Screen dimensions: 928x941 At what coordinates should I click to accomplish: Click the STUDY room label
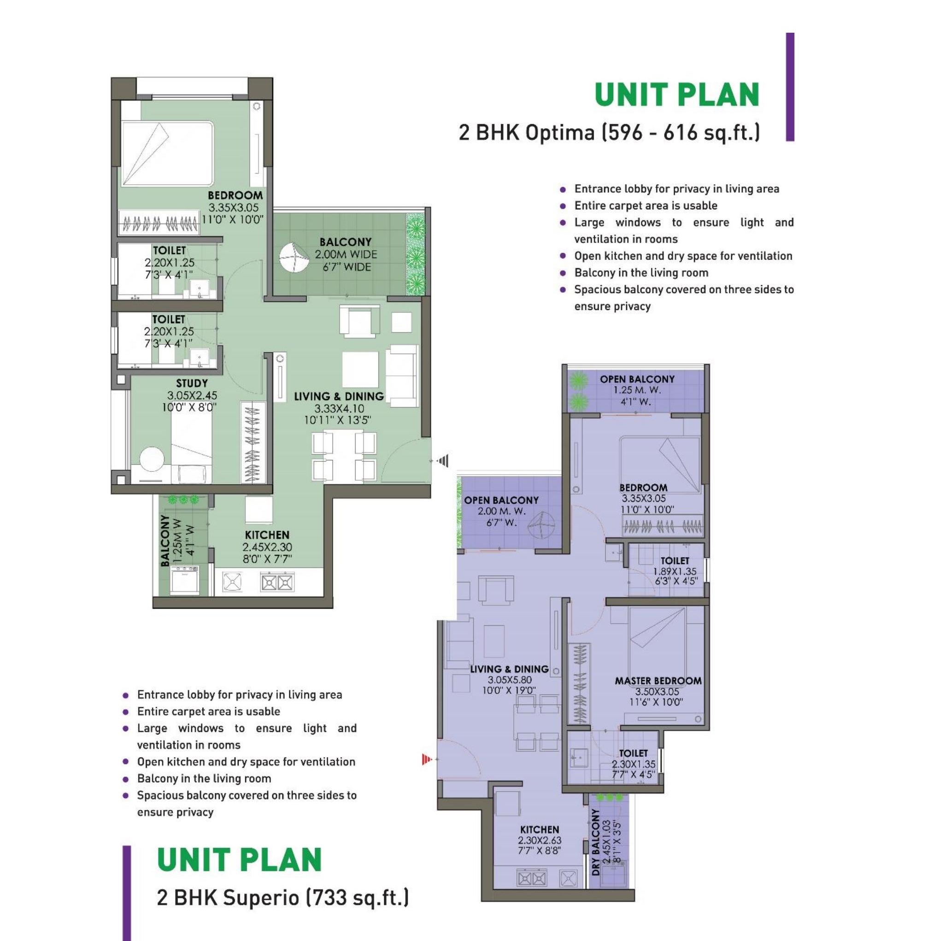(x=192, y=383)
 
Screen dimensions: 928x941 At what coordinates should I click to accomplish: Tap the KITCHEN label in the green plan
(x=267, y=535)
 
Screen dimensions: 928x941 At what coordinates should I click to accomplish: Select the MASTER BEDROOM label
(x=658, y=681)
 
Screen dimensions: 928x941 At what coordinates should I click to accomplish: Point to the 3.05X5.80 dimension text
(x=509, y=680)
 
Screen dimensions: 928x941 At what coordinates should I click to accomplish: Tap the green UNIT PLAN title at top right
(x=677, y=94)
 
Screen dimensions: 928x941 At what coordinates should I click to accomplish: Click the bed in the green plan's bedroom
(x=167, y=153)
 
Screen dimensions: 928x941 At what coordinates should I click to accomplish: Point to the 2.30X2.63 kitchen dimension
(x=540, y=840)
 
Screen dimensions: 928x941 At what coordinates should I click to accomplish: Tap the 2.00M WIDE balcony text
(x=346, y=254)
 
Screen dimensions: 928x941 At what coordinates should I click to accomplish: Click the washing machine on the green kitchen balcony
(x=184, y=579)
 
